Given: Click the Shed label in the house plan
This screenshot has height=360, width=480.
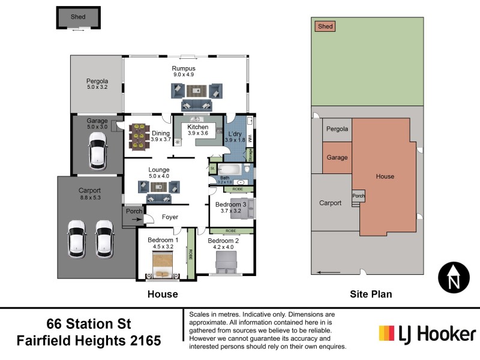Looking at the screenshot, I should pyautogui.click(x=78, y=17).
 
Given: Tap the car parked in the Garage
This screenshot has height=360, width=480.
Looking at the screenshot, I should pyautogui.click(x=97, y=150).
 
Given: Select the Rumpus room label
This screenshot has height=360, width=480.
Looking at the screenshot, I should pyautogui.click(x=184, y=68).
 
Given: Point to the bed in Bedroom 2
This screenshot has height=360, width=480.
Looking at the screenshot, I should pyautogui.click(x=226, y=262).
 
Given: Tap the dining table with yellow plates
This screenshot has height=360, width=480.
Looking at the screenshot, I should pyautogui.click(x=139, y=136).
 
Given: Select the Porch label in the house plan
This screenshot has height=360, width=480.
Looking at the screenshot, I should pyautogui.click(x=133, y=211).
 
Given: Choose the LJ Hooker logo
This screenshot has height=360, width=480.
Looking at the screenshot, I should pyautogui.click(x=427, y=334).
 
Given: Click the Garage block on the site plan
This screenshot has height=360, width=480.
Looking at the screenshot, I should pyautogui.click(x=337, y=157).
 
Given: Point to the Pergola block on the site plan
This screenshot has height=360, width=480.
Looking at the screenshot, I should pyautogui.click(x=337, y=129).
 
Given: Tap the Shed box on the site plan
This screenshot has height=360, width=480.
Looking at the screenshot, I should pyautogui.click(x=325, y=26).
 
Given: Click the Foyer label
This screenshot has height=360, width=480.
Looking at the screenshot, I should pyautogui.click(x=170, y=217).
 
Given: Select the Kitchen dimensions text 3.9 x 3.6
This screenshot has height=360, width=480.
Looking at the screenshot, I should pyautogui.click(x=197, y=133).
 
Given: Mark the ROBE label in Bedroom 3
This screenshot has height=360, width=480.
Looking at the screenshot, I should pyautogui.click(x=238, y=189).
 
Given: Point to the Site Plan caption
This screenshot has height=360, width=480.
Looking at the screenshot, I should pyautogui.click(x=371, y=294).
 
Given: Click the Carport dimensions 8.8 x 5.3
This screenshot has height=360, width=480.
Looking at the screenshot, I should pyautogui.click(x=90, y=196).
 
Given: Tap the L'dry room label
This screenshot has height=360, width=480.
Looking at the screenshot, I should pyautogui.click(x=235, y=134).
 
